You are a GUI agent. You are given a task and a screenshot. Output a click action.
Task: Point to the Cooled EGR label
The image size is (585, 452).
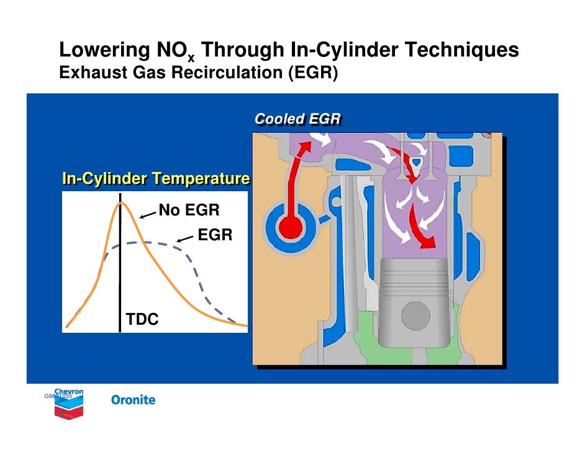click(297, 119)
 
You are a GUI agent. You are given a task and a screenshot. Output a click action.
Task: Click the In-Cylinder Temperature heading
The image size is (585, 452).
click(155, 180)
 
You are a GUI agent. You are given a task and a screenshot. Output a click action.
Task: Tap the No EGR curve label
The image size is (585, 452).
click(189, 210)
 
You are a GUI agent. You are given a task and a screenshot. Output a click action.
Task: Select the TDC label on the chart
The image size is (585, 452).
click(142, 320)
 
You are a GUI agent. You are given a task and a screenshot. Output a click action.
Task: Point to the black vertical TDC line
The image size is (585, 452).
click(120, 279)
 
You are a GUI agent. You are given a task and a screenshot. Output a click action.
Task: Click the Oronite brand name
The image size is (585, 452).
click(133, 400)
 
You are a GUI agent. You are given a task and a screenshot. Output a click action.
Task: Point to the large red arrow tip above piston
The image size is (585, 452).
click(428, 245)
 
